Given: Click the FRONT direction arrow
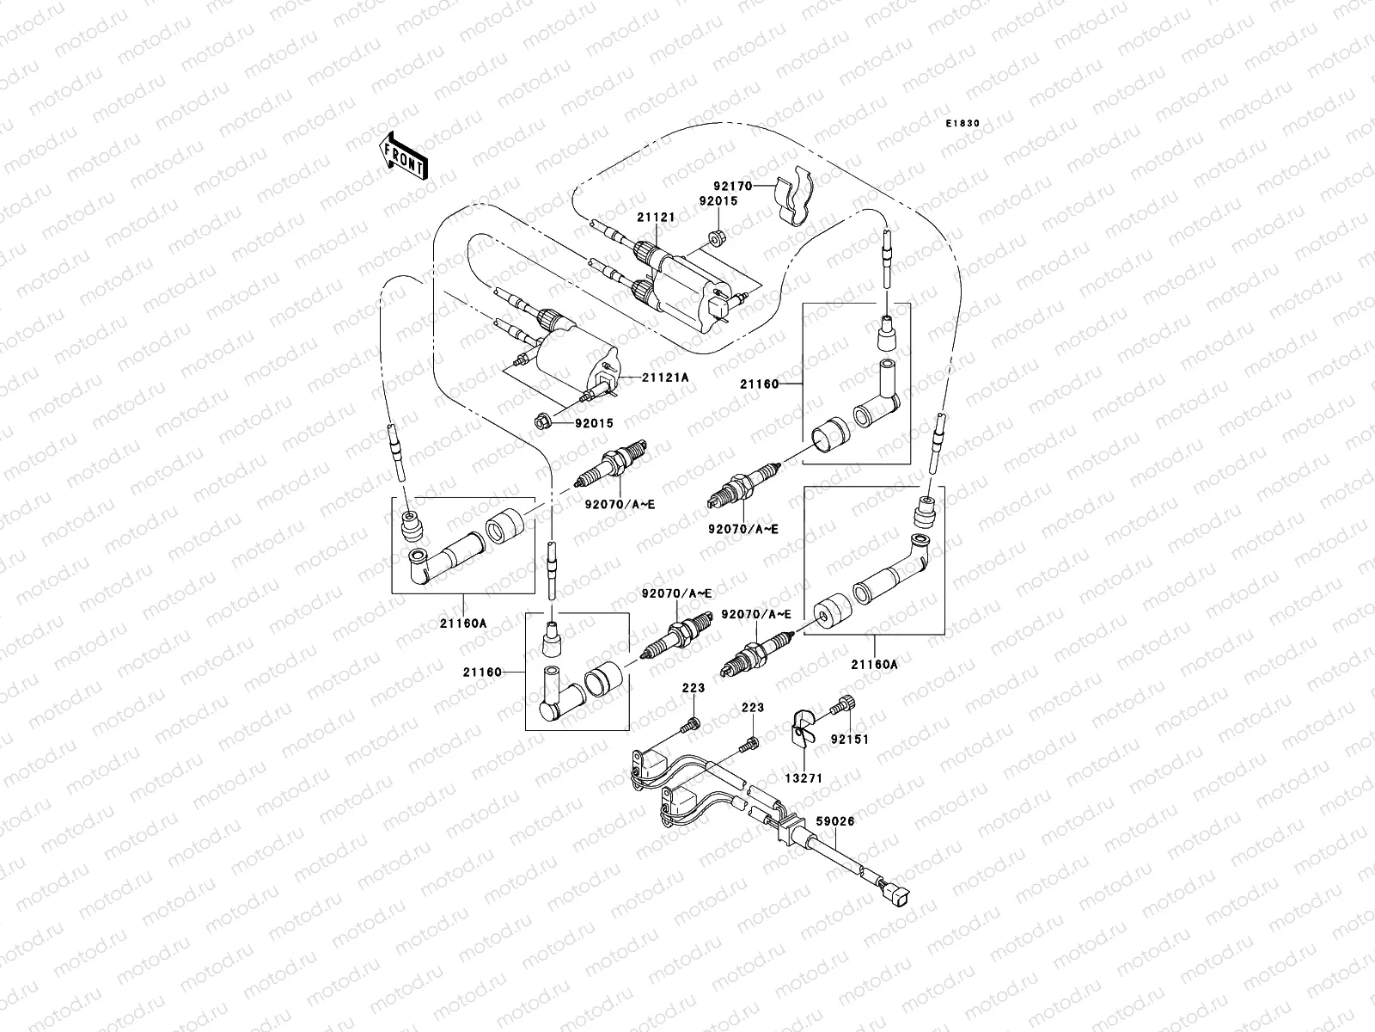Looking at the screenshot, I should tap(404, 156).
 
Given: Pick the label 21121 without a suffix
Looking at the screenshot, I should tap(656, 218).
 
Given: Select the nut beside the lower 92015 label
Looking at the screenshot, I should tap(542, 421).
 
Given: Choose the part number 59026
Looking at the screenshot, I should tap(834, 822).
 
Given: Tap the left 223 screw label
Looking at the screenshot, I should tap(694, 688).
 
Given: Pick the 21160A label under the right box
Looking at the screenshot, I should tap(874, 663).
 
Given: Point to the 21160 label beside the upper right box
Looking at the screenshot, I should tap(759, 384).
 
